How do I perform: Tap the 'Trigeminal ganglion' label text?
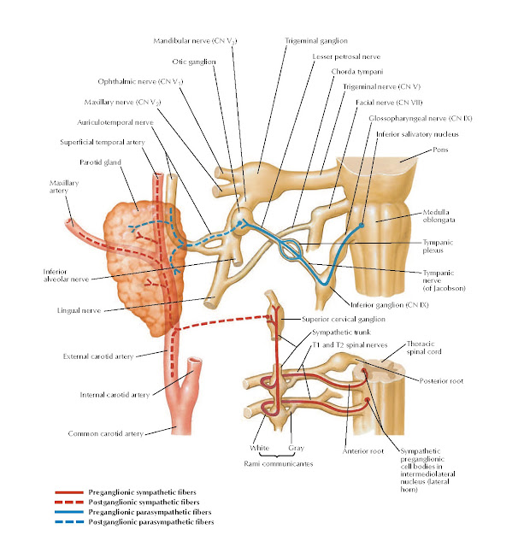(313, 40)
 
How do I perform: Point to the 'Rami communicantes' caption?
(272, 462)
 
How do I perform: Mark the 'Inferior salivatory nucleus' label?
(409, 132)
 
